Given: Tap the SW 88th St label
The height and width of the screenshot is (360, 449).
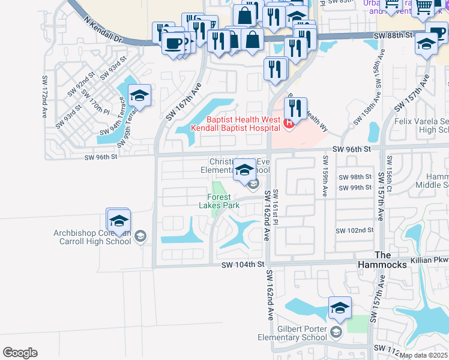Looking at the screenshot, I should click(x=391, y=35).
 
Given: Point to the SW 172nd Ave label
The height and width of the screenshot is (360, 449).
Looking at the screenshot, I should click(x=44, y=96).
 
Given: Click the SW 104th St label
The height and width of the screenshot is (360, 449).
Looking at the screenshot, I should click(x=243, y=265).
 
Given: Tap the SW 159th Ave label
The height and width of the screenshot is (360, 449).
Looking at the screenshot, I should click(x=325, y=176).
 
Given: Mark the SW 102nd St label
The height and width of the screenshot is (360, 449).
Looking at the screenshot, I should click(x=354, y=230).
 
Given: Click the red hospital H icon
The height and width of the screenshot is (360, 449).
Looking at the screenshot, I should click(x=289, y=124).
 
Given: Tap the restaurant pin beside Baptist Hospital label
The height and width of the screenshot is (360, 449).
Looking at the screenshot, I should click(x=295, y=109).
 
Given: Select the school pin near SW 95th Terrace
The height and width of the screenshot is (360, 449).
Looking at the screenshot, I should click(x=139, y=96).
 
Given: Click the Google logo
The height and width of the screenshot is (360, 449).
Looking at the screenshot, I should click(x=20, y=353).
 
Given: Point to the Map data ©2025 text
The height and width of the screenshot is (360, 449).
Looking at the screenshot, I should click(x=423, y=355).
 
